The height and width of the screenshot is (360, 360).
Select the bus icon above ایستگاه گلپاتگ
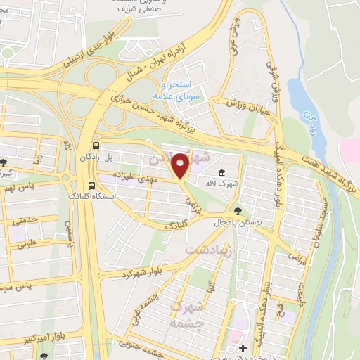tap(94, 186)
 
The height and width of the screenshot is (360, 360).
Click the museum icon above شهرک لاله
tap(222, 174)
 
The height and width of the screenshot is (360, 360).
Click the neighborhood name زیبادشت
tap(208, 250)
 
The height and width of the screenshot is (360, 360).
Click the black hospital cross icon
tap(243, 348)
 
